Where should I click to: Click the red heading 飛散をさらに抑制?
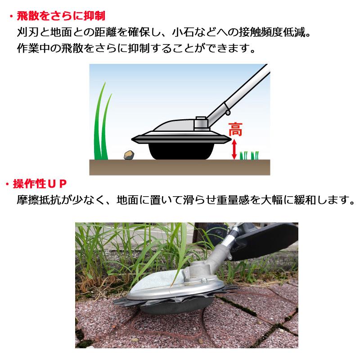tap(61, 17)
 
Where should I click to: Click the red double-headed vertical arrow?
tap(234, 149)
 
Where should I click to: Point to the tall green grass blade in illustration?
tap(101, 126)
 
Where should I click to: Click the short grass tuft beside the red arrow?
tap(249, 155)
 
